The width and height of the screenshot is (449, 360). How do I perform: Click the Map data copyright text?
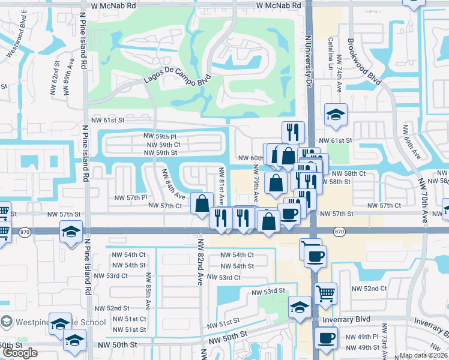423,355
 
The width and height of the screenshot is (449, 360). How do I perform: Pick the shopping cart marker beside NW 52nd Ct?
325,293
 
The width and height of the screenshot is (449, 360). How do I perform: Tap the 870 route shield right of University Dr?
339,231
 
